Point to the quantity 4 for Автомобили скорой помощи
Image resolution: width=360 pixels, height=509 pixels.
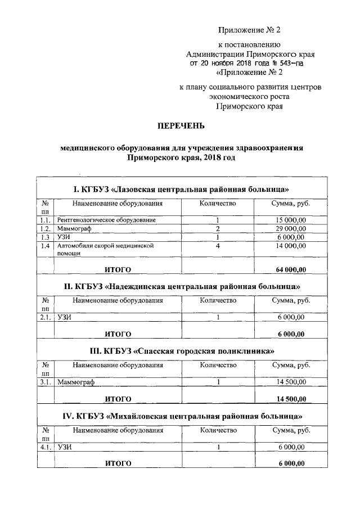click(217, 246)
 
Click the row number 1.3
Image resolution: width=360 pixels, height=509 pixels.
click(46, 237)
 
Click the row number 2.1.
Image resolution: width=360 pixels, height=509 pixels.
click(46, 318)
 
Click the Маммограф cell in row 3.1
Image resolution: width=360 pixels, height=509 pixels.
click(76, 382)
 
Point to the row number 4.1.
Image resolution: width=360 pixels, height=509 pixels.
click(46, 448)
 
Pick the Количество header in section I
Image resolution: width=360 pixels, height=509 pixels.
click(217, 203)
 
